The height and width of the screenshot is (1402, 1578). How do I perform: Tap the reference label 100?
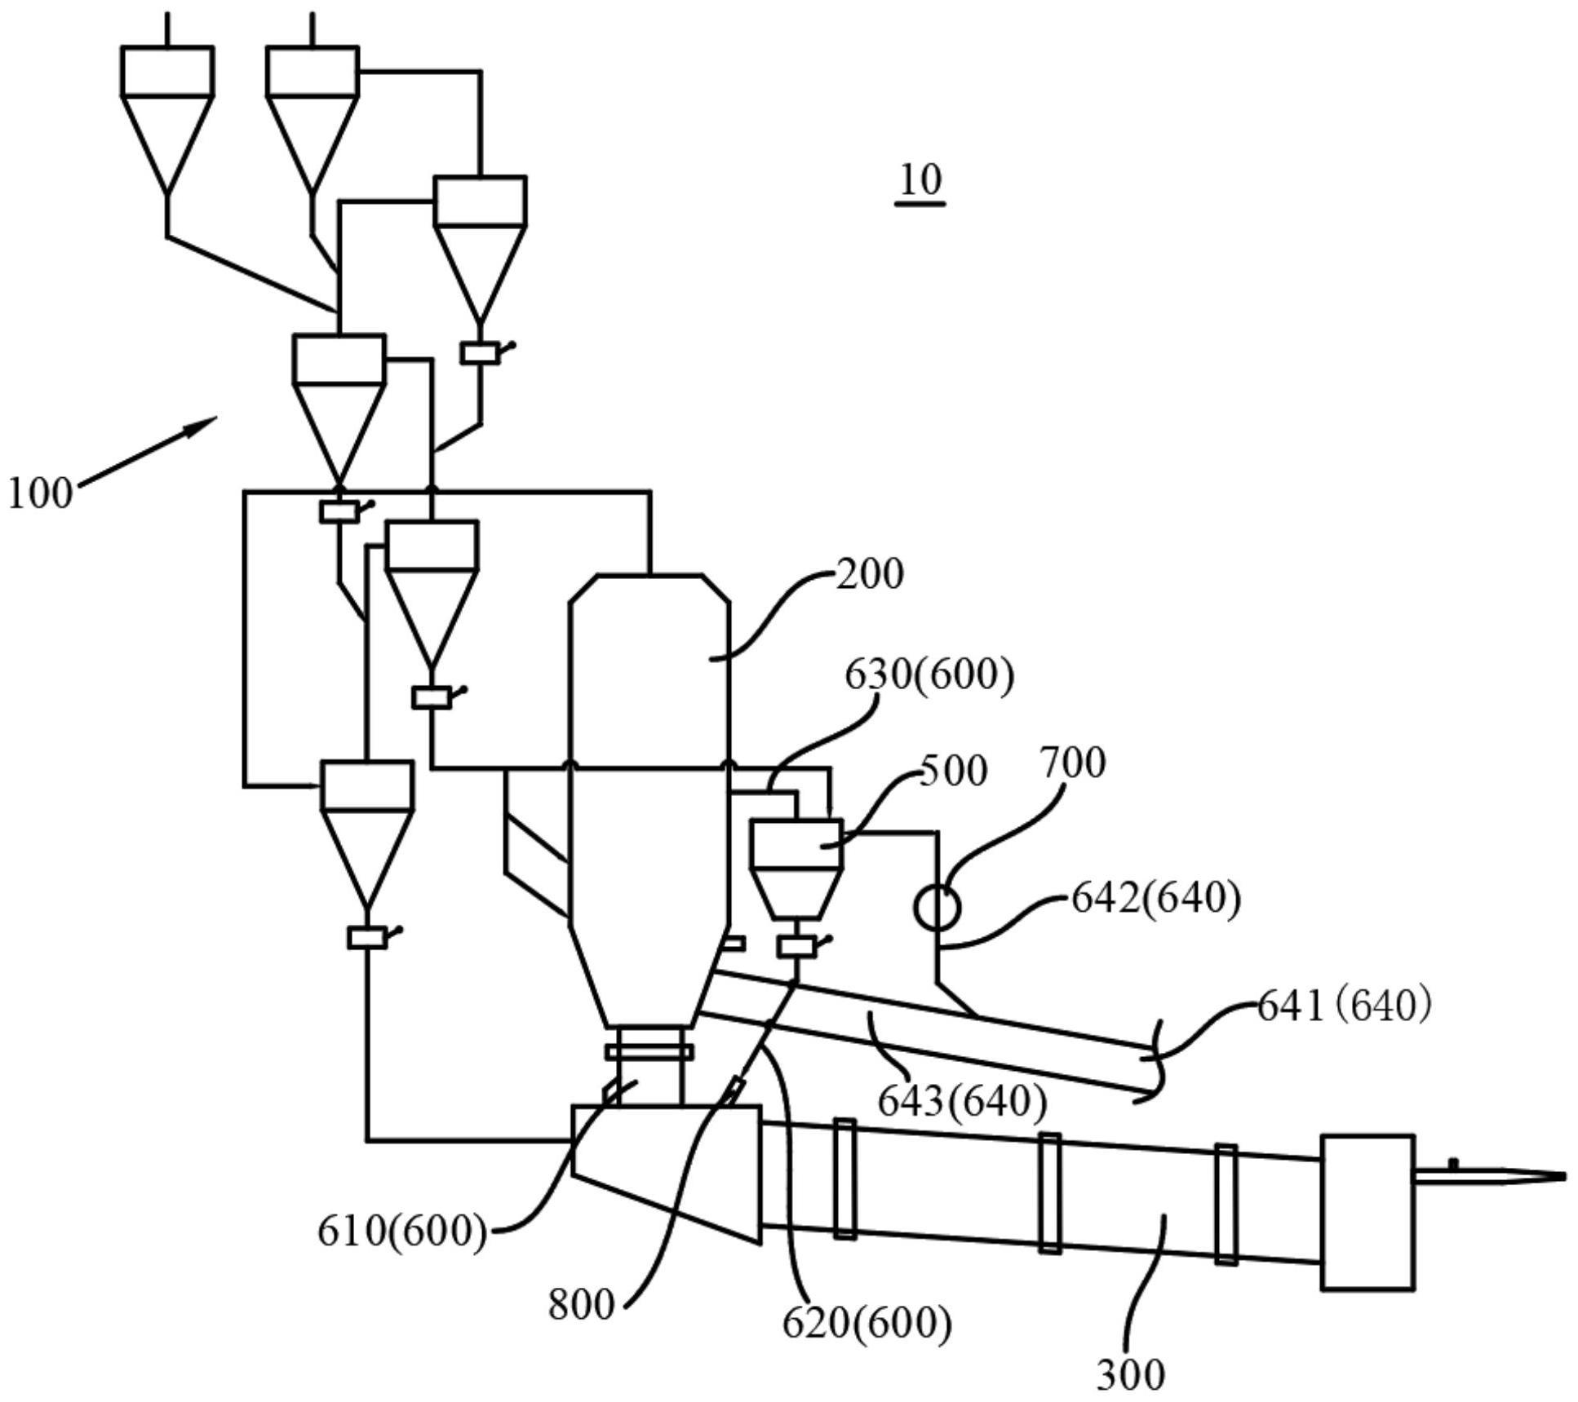(x=41, y=493)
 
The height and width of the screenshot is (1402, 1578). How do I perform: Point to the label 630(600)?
(x=929, y=674)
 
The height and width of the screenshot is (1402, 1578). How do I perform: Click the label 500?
(x=954, y=770)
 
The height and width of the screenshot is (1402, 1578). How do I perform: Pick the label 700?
(x=1073, y=763)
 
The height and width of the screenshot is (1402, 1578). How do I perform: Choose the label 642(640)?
(x=1155, y=898)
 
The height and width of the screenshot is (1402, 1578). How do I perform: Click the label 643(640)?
(x=962, y=1101)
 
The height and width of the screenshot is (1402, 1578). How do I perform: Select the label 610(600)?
(x=402, y=1230)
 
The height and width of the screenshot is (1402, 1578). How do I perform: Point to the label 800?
(x=581, y=1304)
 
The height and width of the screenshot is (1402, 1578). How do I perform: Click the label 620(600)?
(x=867, y=1322)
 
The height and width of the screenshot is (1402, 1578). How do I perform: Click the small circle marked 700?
(x=937, y=907)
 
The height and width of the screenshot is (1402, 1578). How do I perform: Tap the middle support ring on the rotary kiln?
(x=1050, y=1192)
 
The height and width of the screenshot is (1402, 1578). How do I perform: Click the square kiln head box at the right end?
(x=1367, y=1212)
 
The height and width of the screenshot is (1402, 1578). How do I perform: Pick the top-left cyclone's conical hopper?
(x=167, y=144)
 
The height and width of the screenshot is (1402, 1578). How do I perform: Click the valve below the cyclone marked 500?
(x=796, y=946)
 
